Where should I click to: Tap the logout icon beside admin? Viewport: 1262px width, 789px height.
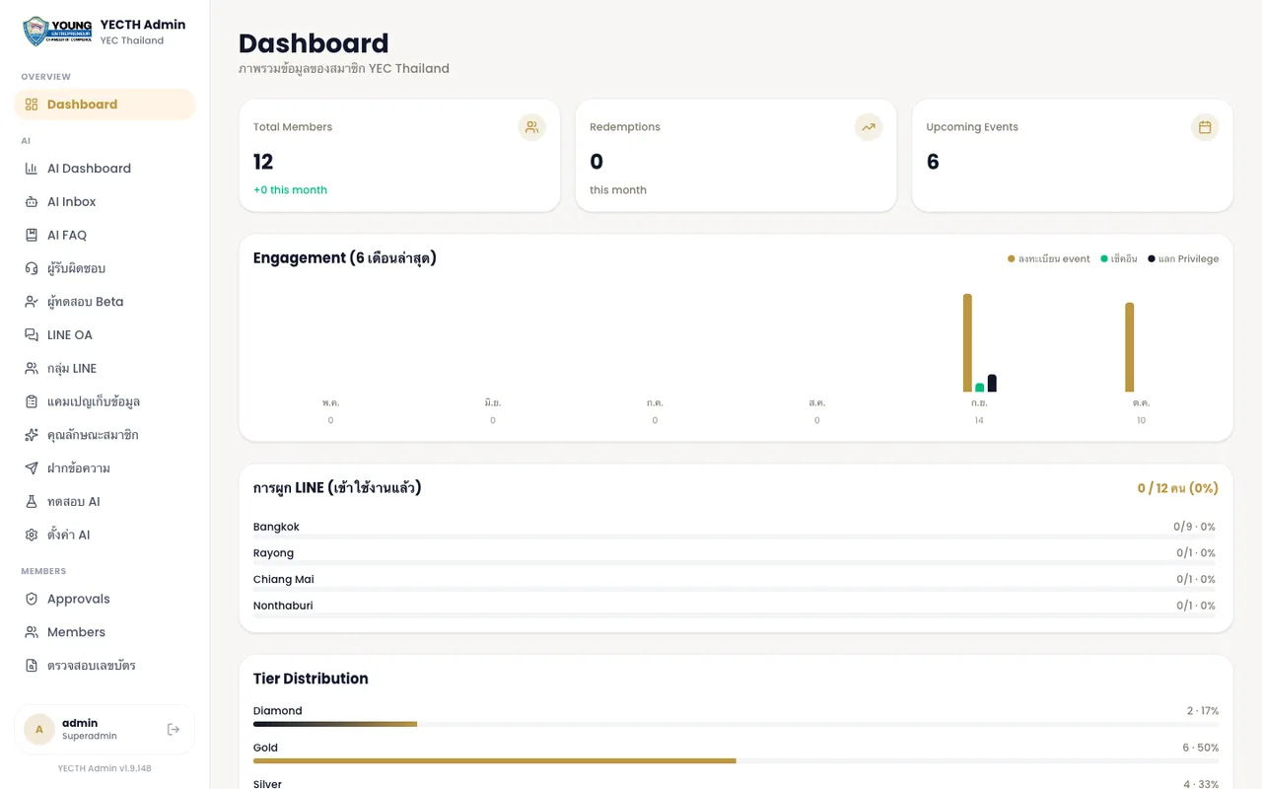tap(174, 729)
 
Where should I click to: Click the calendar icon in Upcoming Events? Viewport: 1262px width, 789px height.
tap(1205, 127)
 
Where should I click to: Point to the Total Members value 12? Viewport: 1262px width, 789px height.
tap(263, 162)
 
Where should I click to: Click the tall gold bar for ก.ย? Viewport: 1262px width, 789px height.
tap(967, 342)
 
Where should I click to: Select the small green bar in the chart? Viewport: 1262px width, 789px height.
tap(980, 388)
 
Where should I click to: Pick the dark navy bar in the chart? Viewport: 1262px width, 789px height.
tap(992, 383)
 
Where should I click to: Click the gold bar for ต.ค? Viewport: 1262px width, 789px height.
tap(1130, 347)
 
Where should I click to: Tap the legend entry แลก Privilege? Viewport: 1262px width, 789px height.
tap(1183, 258)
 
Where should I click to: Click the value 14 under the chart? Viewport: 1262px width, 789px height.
tap(979, 420)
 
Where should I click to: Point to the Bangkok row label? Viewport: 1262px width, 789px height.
tap(276, 527)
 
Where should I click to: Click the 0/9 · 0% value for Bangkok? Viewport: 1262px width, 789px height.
tap(1194, 527)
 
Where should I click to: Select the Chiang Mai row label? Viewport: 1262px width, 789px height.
tap(283, 579)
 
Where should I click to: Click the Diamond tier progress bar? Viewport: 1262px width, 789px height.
tap(335, 724)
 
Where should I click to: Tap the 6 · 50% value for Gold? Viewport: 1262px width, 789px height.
tap(1201, 748)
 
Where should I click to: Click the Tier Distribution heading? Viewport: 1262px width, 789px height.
tap(311, 678)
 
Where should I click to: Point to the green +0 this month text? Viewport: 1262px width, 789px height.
tap(290, 190)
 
